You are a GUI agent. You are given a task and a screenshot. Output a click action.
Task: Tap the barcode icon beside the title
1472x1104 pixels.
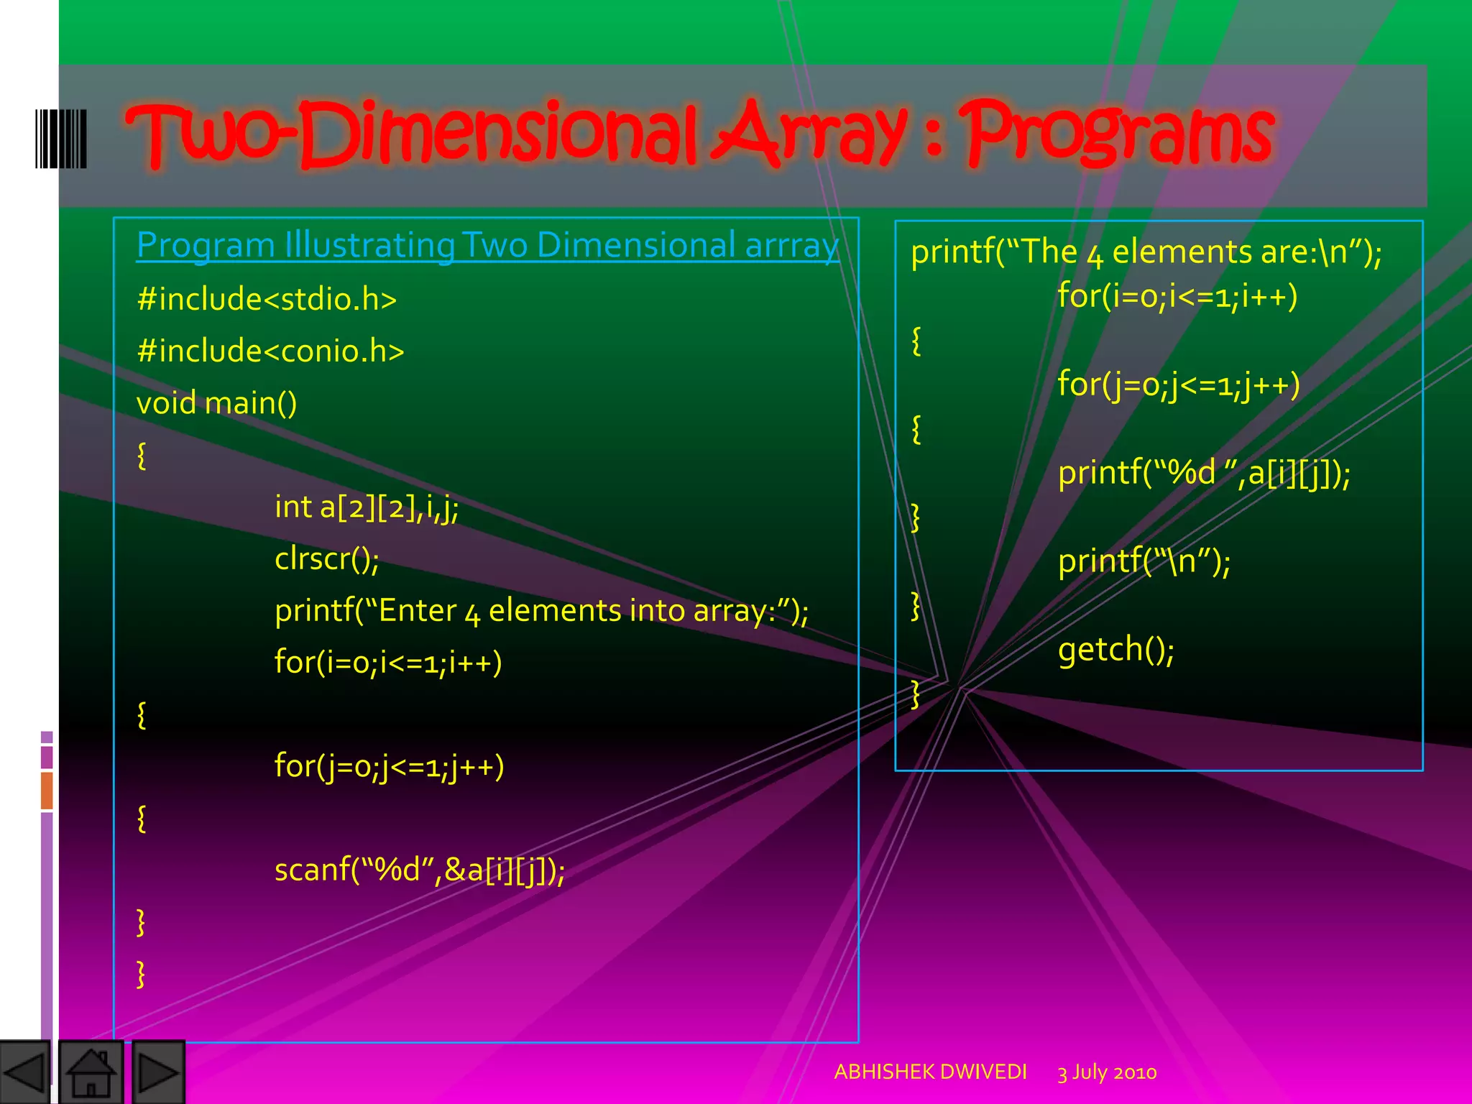coord(61,139)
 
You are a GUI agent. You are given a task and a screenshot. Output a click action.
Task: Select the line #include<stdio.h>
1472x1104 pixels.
coord(267,299)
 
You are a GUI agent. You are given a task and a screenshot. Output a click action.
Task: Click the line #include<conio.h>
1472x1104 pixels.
coord(270,351)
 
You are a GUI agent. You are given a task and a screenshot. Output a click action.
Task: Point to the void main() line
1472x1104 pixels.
coord(216,402)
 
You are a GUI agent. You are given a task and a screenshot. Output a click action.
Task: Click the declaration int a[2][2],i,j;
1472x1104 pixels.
coord(367,507)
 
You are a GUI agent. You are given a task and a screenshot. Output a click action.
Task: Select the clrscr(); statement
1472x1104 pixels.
coord(327,558)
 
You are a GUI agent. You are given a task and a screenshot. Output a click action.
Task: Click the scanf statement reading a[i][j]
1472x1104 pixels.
coord(420,870)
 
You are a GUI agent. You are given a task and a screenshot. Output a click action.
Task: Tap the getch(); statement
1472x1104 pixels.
coord(1115,650)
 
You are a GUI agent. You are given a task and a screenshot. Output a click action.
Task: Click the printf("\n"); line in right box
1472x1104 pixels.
coord(1144,561)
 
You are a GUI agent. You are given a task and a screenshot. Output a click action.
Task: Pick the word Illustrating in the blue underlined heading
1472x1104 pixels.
coord(369,245)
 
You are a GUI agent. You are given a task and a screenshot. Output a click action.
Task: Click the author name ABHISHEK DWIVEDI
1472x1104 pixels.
coord(930,1072)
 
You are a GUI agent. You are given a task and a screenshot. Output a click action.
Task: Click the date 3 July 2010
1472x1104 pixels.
coord(1107,1072)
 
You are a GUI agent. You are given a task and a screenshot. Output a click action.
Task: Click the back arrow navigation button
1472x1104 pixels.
coord(24,1072)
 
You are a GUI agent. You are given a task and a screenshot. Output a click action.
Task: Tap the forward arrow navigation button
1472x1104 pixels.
coord(158,1072)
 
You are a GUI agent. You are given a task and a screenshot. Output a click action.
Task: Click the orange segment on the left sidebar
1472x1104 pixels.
coord(47,790)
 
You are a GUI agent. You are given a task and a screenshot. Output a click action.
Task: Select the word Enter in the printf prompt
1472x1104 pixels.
coord(417,611)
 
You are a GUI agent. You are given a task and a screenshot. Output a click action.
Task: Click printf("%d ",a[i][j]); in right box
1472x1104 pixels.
coord(1204,473)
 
